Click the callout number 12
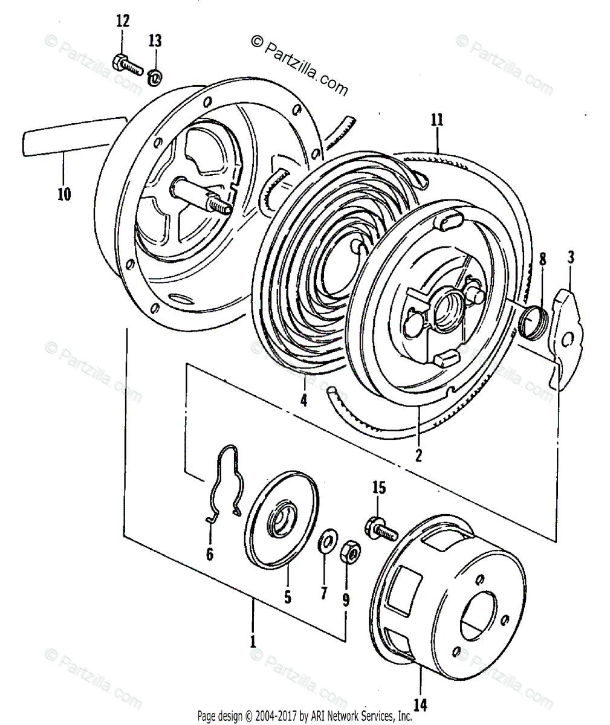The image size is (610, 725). (123, 22)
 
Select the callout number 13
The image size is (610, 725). (155, 41)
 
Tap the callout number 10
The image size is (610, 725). (64, 194)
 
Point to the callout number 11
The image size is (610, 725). (437, 119)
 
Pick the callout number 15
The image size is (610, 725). (378, 488)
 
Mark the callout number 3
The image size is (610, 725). (570, 258)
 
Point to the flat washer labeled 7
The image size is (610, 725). (324, 540)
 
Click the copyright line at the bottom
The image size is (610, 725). (305, 716)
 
